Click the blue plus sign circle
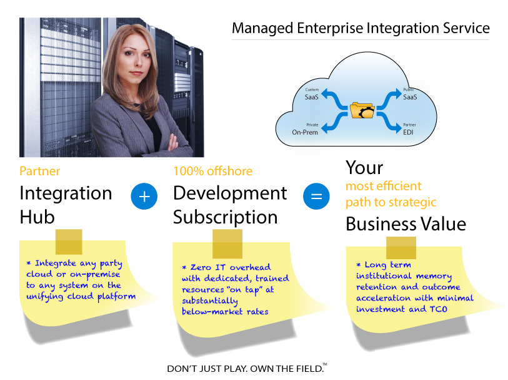144,197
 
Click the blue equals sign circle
316,197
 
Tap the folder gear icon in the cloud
362,110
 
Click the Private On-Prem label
306,130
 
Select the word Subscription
226,217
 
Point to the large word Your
364,168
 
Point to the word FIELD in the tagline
307,369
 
